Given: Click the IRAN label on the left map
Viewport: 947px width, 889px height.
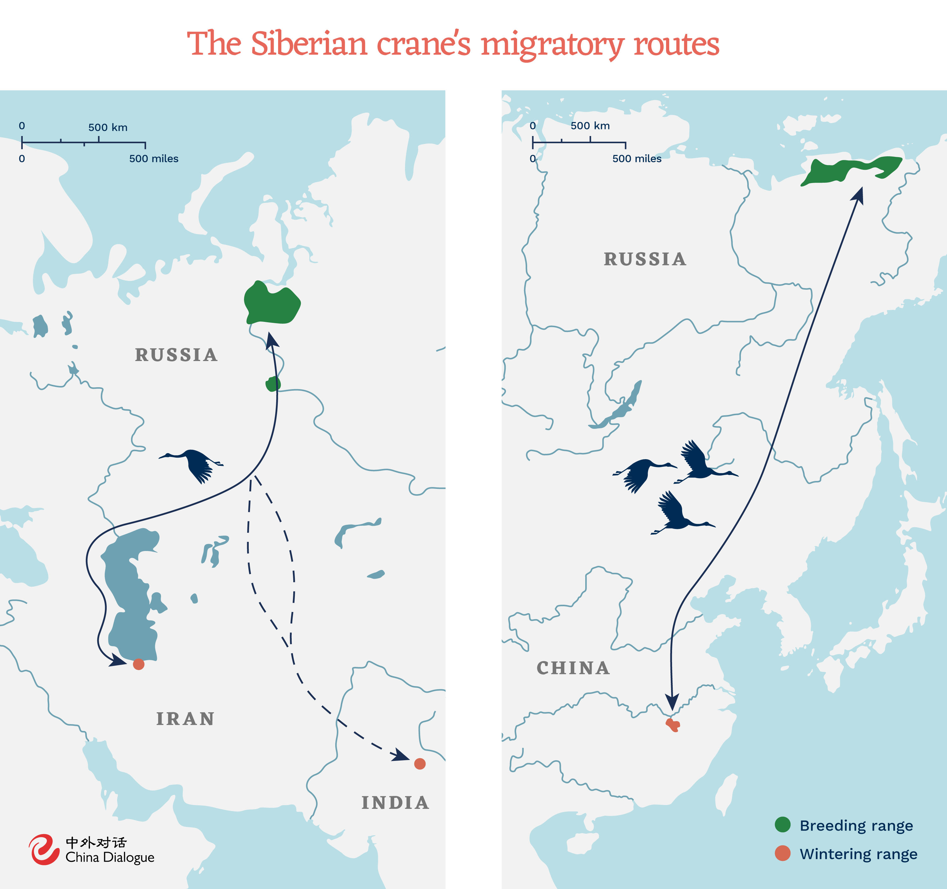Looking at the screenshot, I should point(185,719).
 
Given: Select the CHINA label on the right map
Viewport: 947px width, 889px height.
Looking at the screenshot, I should point(573,668).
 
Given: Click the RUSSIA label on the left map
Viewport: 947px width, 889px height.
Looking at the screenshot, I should point(176,355).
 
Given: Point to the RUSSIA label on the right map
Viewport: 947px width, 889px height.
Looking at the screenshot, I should point(645,259).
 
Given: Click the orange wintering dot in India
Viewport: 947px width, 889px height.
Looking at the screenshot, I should point(420,764).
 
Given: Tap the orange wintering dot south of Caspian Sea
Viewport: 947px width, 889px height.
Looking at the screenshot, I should point(139,664).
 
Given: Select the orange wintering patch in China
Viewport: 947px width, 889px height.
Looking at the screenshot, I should point(673,725).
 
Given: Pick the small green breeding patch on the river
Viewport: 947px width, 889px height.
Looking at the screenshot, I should point(273,384).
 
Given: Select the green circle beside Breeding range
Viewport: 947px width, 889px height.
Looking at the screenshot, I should point(783,824).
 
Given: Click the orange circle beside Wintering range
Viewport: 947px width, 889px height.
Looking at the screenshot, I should point(783,853).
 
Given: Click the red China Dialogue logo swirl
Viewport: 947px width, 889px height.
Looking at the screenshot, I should point(44,850).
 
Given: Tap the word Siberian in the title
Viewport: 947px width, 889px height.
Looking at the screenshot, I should point(309,44).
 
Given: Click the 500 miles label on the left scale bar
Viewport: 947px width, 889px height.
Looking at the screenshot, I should point(153,158).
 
